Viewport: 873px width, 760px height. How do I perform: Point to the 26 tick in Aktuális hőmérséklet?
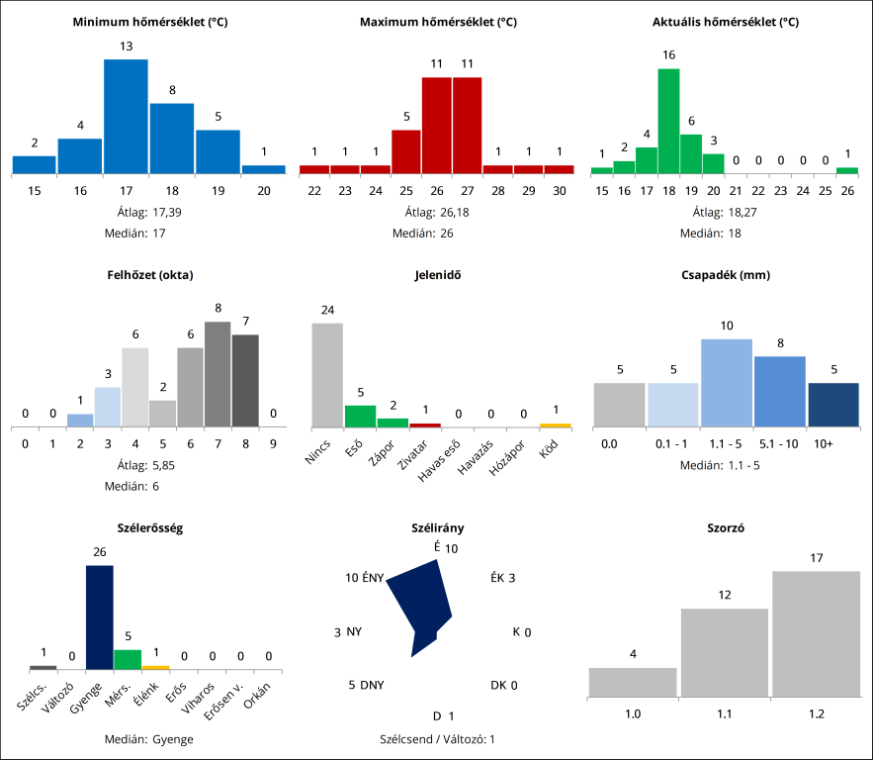(x=847, y=190)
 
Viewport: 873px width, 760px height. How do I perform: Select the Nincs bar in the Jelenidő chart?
(x=327, y=375)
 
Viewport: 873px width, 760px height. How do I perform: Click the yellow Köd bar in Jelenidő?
(x=555, y=426)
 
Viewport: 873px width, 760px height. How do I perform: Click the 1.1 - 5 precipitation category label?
(x=726, y=444)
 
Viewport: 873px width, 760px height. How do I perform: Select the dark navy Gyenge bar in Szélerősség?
(x=100, y=617)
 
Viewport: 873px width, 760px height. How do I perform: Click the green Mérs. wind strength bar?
(x=128, y=659)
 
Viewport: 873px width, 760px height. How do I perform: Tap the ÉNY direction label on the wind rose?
(x=365, y=578)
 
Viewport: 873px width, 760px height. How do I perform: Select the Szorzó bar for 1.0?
(x=633, y=682)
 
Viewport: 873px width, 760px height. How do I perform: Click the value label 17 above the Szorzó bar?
(x=816, y=558)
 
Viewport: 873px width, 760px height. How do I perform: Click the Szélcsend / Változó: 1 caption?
(x=437, y=738)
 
